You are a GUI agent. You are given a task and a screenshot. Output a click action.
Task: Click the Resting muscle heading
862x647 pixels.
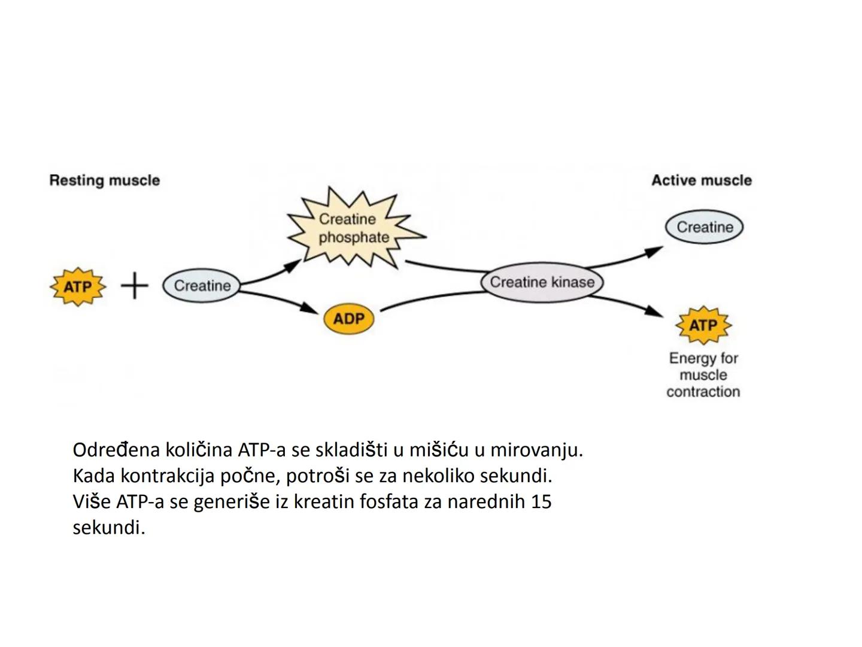coord(105,180)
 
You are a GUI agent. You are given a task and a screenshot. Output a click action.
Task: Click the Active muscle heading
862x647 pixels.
coord(701,180)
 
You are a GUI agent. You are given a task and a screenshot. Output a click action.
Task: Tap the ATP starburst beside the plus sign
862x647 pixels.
coord(78,287)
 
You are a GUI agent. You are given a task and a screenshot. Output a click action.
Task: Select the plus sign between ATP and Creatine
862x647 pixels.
coord(135,286)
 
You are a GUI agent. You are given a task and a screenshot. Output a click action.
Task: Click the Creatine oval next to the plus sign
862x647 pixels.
coord(202,286)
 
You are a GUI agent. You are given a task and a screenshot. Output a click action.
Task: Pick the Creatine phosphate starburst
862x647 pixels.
coord(353,229)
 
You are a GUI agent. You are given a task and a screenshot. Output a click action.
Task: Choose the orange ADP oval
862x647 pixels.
coord(348,318)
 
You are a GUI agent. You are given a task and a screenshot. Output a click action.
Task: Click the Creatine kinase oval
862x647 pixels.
coord(542,282)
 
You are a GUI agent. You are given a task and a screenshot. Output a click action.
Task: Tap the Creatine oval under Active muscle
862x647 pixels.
coord(704,227)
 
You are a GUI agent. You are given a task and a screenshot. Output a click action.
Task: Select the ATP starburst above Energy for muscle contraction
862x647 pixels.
coord(703,325)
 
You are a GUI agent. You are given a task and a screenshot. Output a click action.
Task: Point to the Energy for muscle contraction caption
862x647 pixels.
coord(703,375)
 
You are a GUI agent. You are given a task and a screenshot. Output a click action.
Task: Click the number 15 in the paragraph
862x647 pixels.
coord(541,501)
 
